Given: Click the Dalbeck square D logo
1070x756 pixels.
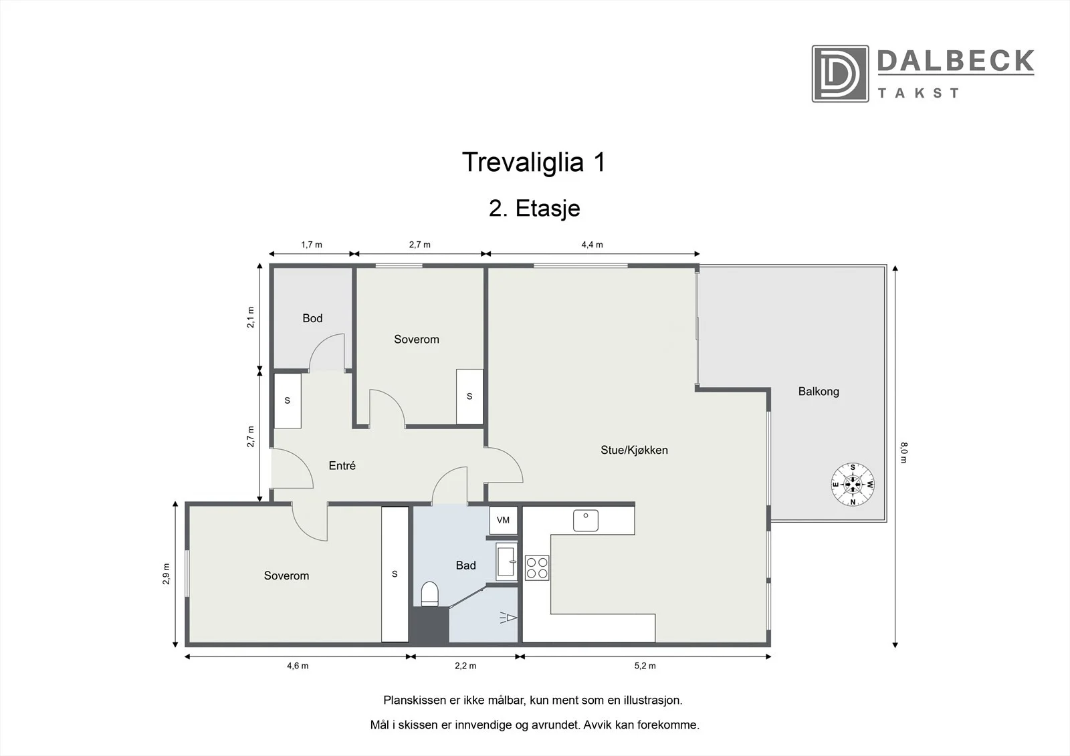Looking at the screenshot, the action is (840, 74).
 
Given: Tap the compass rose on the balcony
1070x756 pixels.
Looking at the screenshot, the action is (853, 484).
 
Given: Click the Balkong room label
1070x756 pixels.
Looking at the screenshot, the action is (819, 392).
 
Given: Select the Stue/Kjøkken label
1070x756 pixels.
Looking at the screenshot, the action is (634, 450).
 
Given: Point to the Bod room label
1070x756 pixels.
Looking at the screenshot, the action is (312, 318).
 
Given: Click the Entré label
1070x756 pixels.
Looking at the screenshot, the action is (342, 465).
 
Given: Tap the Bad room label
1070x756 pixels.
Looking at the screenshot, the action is (465, 565).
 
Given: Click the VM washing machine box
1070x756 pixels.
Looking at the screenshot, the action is (504, 520).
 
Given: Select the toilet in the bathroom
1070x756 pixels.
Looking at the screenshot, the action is (429, 594).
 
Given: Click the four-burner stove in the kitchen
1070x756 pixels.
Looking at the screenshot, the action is (537, 568).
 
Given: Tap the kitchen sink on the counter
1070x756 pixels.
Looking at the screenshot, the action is (586, 521).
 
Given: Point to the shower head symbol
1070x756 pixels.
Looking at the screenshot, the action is (509, 618).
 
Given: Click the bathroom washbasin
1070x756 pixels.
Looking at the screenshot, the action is (506, 561).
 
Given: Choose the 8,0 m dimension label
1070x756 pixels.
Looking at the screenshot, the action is (903, 453).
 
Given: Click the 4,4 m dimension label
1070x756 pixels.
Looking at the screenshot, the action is (592, 245).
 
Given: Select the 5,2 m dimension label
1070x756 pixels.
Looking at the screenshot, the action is (645, 666).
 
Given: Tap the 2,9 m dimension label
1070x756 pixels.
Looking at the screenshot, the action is (166, 574).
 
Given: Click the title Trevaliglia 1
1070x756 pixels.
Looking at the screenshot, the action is (534, 162).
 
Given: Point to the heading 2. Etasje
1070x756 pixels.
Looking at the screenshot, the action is (534, 209).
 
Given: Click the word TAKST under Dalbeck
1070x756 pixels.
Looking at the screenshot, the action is (918, 93).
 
